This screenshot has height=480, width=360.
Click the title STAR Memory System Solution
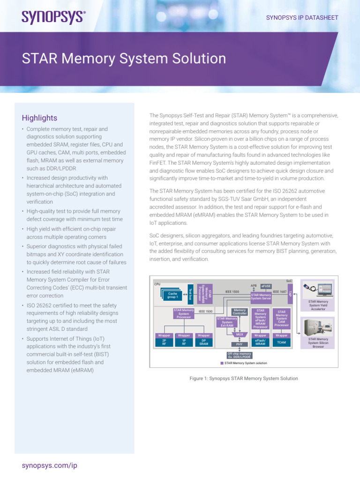pyautogui.click(x=124, y=59)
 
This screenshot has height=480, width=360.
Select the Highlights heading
pyautogui.click(x=39, y=118)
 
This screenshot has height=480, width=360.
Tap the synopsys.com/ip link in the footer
pyautogui.click(x=49, y=465)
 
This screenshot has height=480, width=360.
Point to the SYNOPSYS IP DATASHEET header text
pyautogui.click(x=302, y=18)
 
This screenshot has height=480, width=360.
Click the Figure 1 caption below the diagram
pyautogui.click(x=243, y=378)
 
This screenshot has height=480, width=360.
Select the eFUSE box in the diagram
pyautogui.click(x=266, y=285)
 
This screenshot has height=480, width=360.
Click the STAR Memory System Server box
pyautogui.click(x=261, y=296)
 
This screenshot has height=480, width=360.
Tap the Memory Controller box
pyautogui.click(x=240, y=312)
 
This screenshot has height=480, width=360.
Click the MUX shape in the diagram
pyautogui.click(x=240, y=335)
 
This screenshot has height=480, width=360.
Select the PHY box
pyautogui.click(x=240, y=344)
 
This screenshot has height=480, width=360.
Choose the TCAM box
pyautogui.click(x=281, y=343)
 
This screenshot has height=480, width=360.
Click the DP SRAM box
pyautogui.click(x=203, y=343)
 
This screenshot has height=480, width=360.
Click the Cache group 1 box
pyautogui.click(x=173, y=295)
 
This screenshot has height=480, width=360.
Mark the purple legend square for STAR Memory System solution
pyautogui.click(x=222, y=363)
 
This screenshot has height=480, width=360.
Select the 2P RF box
pyautogui.click(x=164, y=343)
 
